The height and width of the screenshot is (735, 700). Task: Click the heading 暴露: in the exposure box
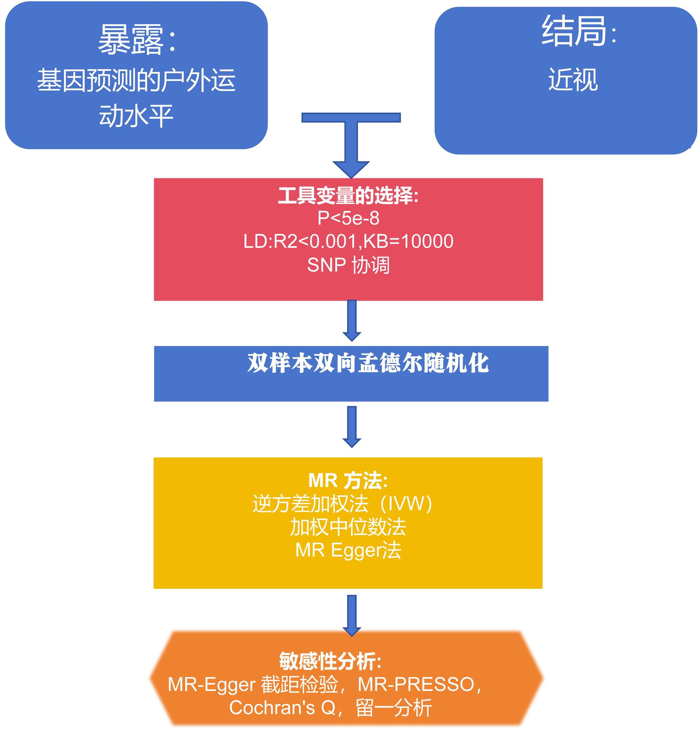click(x=136, y=40)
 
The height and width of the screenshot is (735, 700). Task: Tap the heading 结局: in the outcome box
click(x=578, y=31)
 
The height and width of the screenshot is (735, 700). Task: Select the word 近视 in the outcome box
click(x=573, y=79)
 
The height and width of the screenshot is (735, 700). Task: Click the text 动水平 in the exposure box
click(x=136, y=116)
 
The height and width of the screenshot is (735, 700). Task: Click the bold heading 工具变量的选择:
click(x=348, y=196)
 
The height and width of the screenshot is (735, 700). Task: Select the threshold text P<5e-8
click(x=348, y=218)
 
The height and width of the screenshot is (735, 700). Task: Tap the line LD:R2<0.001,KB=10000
click(x=348, y=241)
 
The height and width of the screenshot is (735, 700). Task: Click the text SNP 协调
click(x=348, y=265)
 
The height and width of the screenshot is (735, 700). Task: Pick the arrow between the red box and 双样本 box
click(x=351, y=320)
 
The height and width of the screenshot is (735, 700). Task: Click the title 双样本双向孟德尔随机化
click(x=367, y=363)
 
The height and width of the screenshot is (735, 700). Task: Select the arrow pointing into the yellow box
click(x=351, y=427)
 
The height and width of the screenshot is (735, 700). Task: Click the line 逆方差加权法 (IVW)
click(x=342, y=504)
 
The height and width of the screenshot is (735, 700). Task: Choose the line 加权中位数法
click(x=348, y=527)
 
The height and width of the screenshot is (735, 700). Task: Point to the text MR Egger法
click(x=348, y=550)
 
